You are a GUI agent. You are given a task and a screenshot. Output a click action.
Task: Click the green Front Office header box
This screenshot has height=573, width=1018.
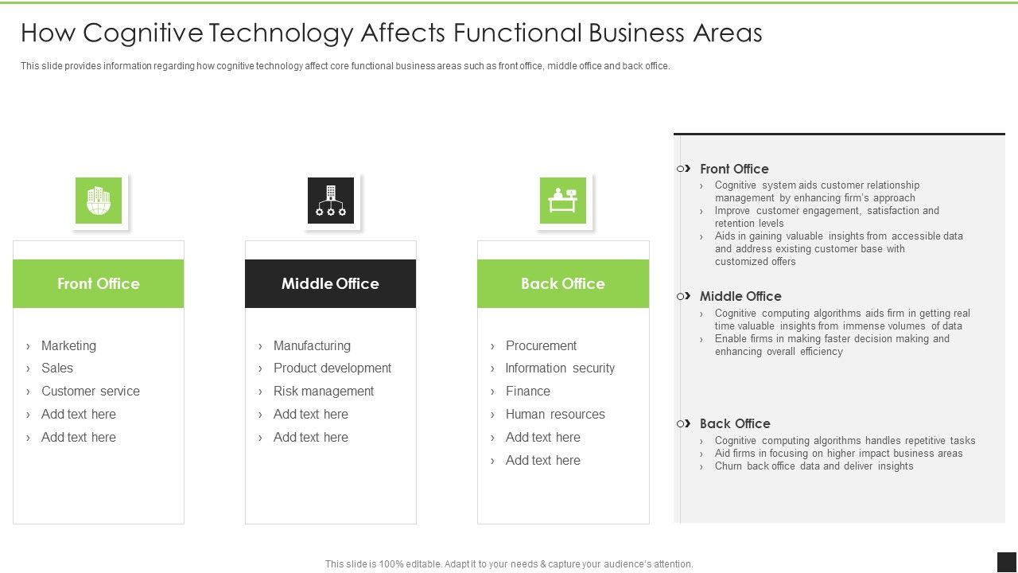[x=98, y=283]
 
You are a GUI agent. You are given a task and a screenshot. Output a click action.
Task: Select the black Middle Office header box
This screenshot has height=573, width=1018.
[x=330, y=283]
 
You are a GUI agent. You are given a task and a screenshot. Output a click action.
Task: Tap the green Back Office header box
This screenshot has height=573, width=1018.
[x=562, y=283]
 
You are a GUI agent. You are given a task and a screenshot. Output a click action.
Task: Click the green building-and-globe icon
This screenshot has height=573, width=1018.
[x=99, y=201]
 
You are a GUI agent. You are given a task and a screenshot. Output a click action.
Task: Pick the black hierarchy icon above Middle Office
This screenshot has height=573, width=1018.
[x=331, y=201]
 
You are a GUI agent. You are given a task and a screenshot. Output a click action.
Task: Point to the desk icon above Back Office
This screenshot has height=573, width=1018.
[x=563, y=201]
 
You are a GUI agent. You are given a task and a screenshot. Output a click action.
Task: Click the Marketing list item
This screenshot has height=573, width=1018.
[x=68, y=345]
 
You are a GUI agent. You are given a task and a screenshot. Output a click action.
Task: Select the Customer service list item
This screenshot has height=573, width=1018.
[x=90, y=391]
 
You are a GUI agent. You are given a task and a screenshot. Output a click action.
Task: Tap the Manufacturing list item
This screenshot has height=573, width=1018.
[x=312, y=345]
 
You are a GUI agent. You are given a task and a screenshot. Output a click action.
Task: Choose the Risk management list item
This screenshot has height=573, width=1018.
[x=323, y=391]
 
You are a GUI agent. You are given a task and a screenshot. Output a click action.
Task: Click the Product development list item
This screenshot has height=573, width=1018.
[x=332, y=368]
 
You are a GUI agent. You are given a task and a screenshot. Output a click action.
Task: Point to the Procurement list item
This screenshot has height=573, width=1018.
[x=541, y=345]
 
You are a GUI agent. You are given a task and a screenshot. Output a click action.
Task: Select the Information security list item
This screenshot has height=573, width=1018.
[x=560, y=368]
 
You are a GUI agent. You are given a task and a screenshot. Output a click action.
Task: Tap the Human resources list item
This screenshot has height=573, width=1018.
[x=555, y=414]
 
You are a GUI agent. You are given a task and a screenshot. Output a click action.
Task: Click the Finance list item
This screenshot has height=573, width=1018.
[x=527, y=391]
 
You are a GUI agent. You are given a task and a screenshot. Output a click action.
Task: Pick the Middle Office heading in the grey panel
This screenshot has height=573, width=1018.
[x=740, y=296]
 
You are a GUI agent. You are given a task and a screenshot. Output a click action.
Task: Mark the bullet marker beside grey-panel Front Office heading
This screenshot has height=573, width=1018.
[x=683, y=169]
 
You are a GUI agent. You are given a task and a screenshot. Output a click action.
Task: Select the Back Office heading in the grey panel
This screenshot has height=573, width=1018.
[x=734, y=423]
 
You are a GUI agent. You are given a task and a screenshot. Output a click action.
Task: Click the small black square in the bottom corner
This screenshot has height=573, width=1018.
[x=1007, y=562]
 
